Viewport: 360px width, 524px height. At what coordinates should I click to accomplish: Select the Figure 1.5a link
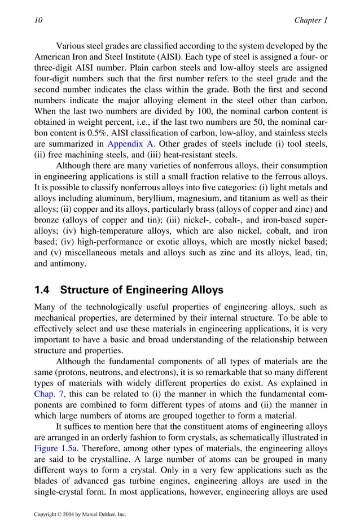[52, 436]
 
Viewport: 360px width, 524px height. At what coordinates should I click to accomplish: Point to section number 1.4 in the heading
[43, 290]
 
